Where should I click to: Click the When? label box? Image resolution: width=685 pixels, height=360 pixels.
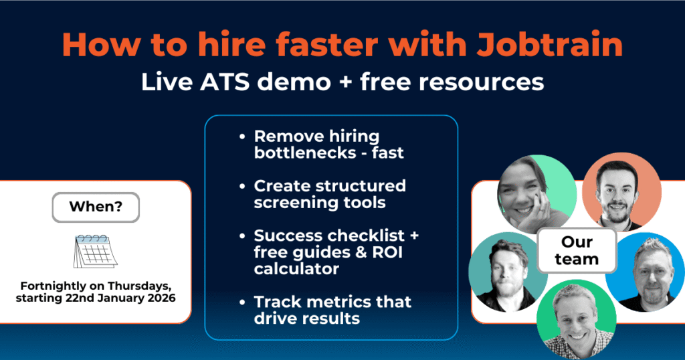(96, 207)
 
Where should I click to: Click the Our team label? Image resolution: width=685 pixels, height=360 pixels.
(577, 249)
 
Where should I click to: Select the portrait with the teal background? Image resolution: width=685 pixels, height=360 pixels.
(506, 270)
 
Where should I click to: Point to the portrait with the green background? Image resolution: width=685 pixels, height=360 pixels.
(576, 317)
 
